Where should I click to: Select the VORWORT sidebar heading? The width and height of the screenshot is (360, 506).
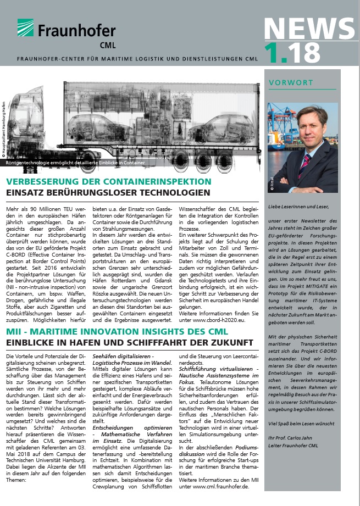coord(291,83)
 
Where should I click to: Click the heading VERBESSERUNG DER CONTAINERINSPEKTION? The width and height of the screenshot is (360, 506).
coord(108,181)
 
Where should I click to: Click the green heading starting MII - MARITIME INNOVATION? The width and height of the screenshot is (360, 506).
coord(113,332)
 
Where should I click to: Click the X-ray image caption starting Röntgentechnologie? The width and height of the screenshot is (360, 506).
coord(75,163)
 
